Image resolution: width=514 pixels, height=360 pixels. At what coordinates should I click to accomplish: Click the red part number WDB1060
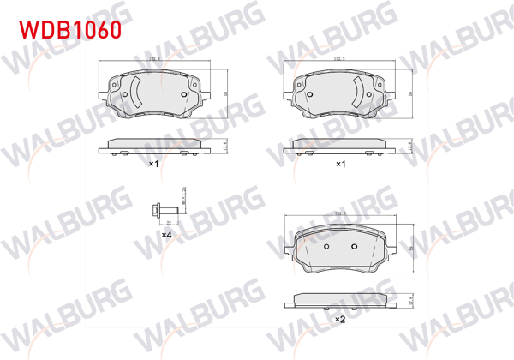(69, 29)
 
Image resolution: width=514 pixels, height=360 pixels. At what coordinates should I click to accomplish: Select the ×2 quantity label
(339, 319)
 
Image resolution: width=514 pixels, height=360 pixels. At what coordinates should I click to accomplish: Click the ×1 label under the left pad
(154, 163)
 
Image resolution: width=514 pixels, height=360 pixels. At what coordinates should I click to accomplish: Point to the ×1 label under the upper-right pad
(339, 163)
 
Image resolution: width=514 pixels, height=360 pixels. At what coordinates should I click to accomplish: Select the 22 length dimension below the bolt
(170, 221)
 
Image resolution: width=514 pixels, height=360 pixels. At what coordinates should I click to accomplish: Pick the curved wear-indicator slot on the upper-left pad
(135, 93)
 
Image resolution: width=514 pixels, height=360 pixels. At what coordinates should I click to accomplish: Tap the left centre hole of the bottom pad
(327, 247)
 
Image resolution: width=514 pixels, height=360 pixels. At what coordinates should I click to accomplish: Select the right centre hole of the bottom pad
(355, 247)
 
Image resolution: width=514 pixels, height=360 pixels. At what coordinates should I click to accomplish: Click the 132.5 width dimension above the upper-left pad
(155, 58)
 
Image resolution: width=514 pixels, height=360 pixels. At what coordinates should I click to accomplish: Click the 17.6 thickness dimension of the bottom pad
(409, 299)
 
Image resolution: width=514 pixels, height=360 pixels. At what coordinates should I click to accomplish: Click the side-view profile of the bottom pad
(340, 299)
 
